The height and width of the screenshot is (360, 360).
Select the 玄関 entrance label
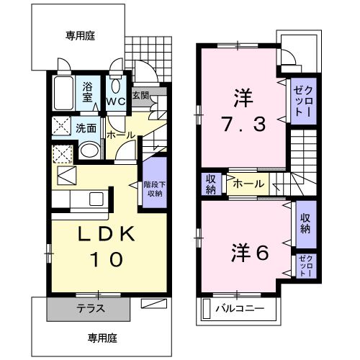pos(141,95)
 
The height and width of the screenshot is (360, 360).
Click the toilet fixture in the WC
pos(116,83)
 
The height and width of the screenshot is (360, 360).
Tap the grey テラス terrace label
pos(91,308)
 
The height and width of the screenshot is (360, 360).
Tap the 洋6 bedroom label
pos(248,253)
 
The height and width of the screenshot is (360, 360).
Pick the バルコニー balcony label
pos(240,310)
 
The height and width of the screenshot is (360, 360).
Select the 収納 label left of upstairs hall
pos(211,184)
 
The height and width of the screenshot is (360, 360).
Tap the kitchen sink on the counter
pos(94,199)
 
